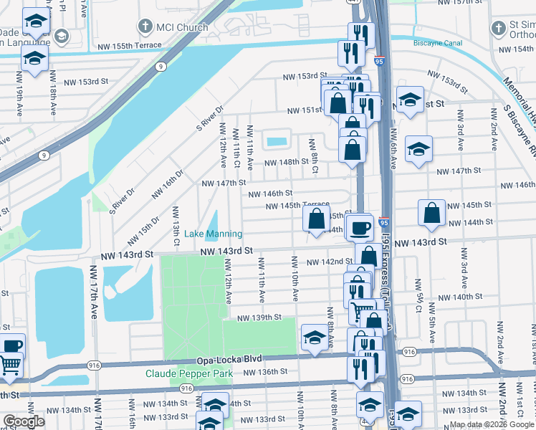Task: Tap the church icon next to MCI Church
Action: [x=145, y=28]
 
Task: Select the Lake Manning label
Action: [x=214, y=234]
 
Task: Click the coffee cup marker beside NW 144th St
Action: [x=360, y=226]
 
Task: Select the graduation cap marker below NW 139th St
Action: [x=314, y=338]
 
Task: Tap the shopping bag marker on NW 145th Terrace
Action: [x=317, y=219]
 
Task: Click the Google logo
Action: [x=24, y=421]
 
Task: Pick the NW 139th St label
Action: [x=256, y=317]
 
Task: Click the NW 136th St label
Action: [x=264, y=372]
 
